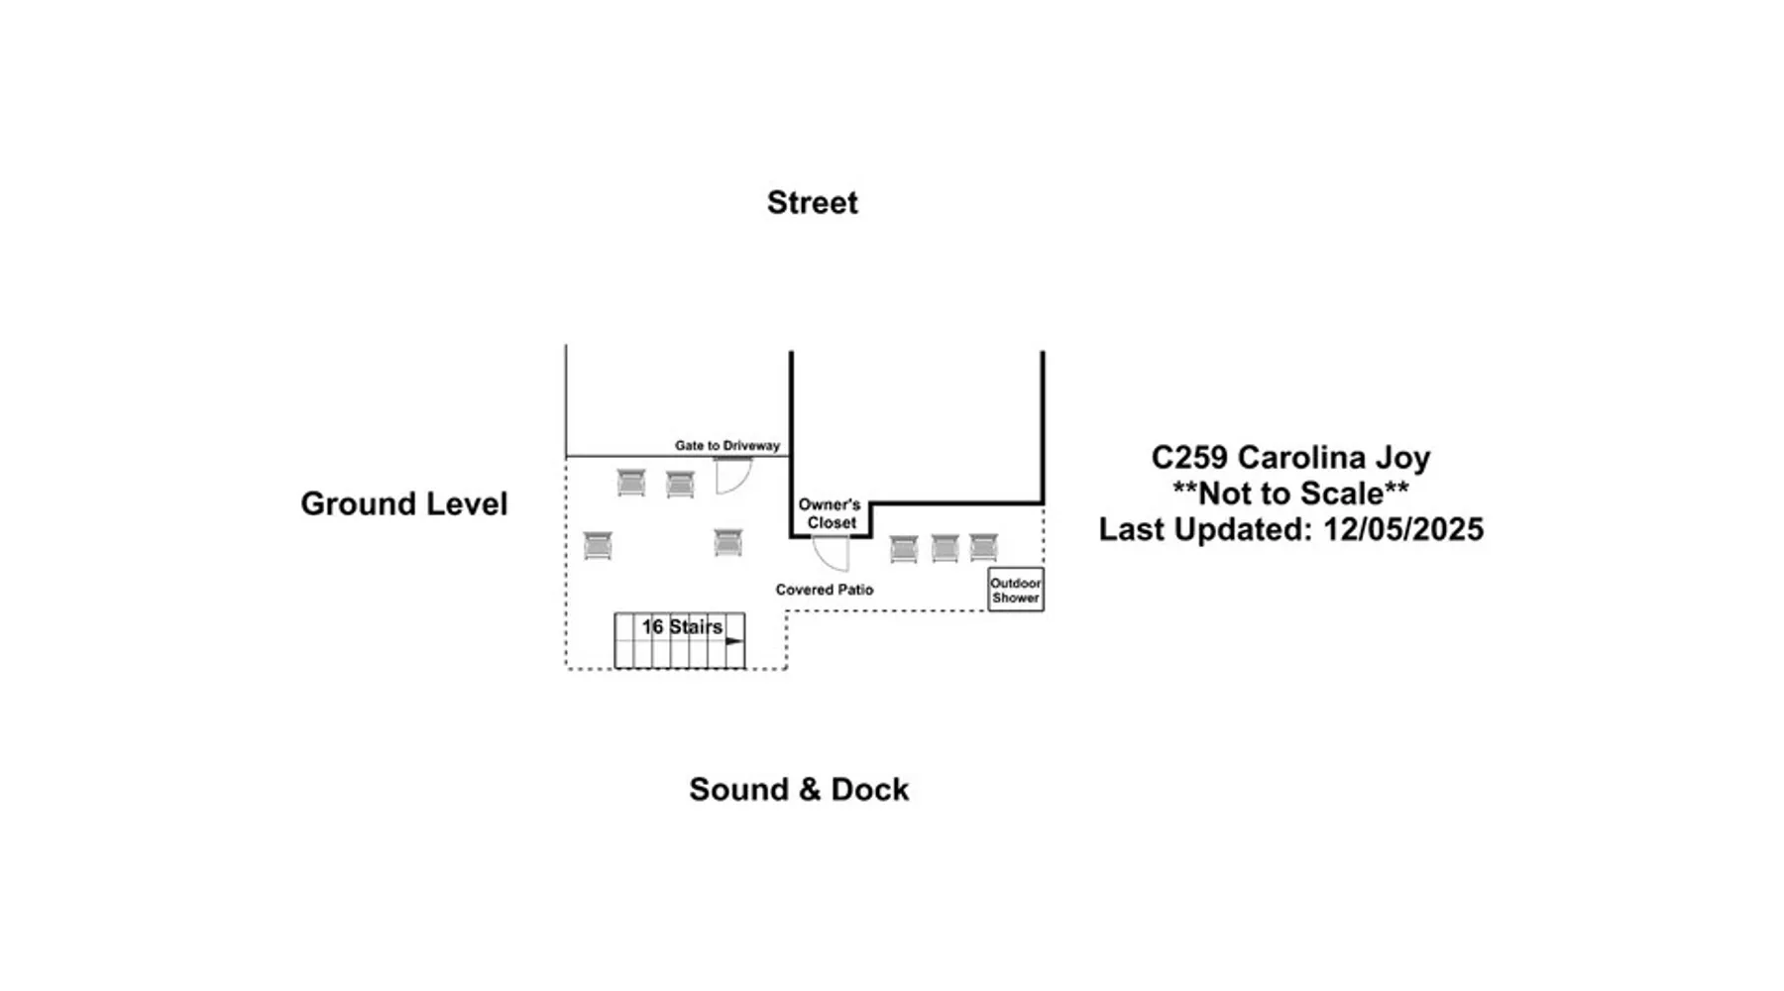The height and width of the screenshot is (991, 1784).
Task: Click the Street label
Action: [x=812, y=202]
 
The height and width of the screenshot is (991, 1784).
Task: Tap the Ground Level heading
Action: [x=403, y=503]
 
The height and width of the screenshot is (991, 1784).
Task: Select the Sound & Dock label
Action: [x=799, y=789]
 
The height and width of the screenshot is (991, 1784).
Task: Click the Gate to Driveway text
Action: [x=727, y=446]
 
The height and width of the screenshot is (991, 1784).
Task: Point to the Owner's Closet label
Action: [x=830, y=513]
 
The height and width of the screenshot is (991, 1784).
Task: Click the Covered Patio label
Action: [x=825, y=590]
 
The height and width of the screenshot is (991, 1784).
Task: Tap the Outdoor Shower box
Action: [x=1016, y=590]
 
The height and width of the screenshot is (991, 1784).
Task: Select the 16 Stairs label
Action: [x=682, y=627]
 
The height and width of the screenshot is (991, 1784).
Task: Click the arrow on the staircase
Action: [x=733, y=641]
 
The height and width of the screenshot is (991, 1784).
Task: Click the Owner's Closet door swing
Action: [x=832, y=554]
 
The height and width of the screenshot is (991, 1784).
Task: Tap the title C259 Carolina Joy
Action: [x=1290, y=458]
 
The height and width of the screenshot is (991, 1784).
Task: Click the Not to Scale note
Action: [x=1290, y=494]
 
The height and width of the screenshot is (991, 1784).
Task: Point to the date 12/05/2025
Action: [x=1403, y=529]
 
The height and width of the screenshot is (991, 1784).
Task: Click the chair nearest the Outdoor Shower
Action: [x=983, y=547]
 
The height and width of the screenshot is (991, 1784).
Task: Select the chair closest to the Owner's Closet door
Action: [x=904, y=549]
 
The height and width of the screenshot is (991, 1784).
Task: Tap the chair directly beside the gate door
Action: [x=680, y=484]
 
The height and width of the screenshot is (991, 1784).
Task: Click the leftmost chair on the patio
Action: [x=598, y=546]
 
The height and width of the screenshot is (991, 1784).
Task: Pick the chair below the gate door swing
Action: [x=728, y=543]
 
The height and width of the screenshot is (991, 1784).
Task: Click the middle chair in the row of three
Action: [x=945, y=548]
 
